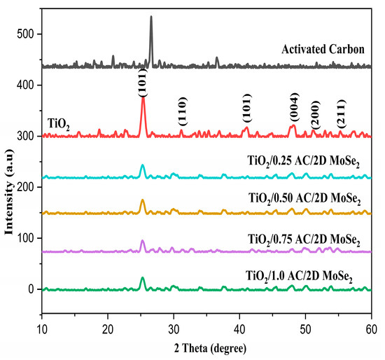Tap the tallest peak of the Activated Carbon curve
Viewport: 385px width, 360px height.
[x=151, y=18]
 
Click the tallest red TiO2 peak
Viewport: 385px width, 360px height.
[x=143, y=98]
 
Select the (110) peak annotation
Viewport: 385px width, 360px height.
[x=182, y=114]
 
